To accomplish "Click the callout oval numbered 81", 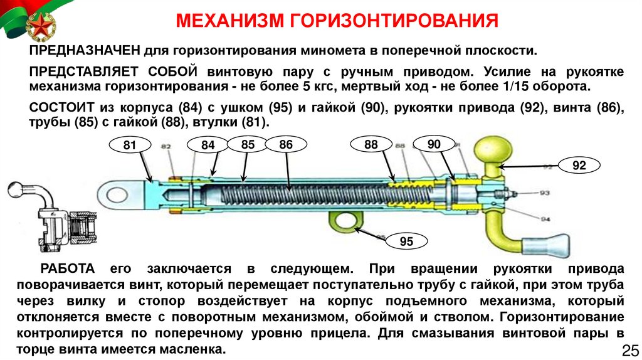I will pyautogui.click(x=130, y=146).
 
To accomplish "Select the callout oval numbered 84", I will pyautogui.click(x=208, y=146).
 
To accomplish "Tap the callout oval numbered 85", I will pyautogui.click(x=248, y=144).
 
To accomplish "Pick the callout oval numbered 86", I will pyautogui.click(x=287, y=145).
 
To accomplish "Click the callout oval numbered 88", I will pyautogui.click(x=371, y=145).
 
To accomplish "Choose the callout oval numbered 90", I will pyautogui.click(x=434, y=144).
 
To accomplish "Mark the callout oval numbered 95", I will pyautogui.click(x=406, y=241).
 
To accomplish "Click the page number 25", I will pyautogui.click(x=628, y=349).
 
